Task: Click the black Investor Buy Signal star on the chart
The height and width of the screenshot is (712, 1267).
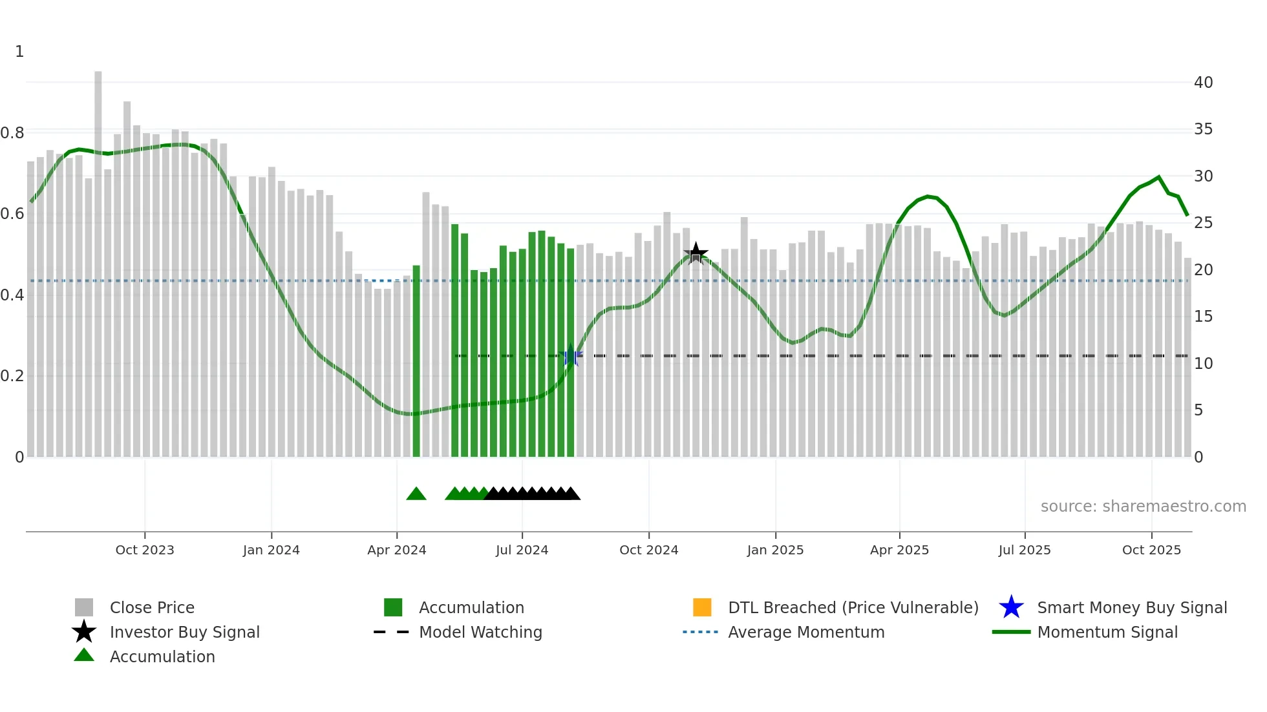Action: [x=696, y=253]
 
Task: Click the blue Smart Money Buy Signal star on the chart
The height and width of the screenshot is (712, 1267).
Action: [x=570, y=356]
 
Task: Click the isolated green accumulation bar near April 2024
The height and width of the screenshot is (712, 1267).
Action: [x=416, y=362]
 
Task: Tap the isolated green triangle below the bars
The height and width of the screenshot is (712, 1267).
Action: [x=416, y=494]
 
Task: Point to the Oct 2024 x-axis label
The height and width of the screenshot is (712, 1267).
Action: [x=648, y=550]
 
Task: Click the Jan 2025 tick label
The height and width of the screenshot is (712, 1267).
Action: [x=775, y=550]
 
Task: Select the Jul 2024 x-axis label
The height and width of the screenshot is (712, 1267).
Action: [x=522, y=550]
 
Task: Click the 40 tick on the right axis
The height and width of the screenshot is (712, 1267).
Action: [x=1203, y=82]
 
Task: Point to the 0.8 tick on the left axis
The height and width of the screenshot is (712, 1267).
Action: [x=13, y=133]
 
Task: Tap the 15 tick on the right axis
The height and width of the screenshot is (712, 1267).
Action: [x=1203, y=317]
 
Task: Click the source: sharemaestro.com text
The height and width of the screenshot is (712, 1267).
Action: [x=1143, y=507]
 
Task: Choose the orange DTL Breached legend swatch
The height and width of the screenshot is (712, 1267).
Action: [x=702, y=607]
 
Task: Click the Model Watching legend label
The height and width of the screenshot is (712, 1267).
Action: [x=480, y=632]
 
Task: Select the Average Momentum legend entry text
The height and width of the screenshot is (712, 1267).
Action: [x=806, y=632]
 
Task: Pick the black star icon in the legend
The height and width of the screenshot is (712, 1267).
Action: [x=84, y=632]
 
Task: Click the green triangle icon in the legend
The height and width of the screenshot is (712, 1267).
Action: [x=84, y=655]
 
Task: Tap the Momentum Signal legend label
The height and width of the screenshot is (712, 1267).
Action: [x=1107, y=632]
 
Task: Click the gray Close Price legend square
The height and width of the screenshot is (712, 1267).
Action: [x=84, y=607]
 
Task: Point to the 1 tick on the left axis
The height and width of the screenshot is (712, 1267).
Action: [x=19, y=52]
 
